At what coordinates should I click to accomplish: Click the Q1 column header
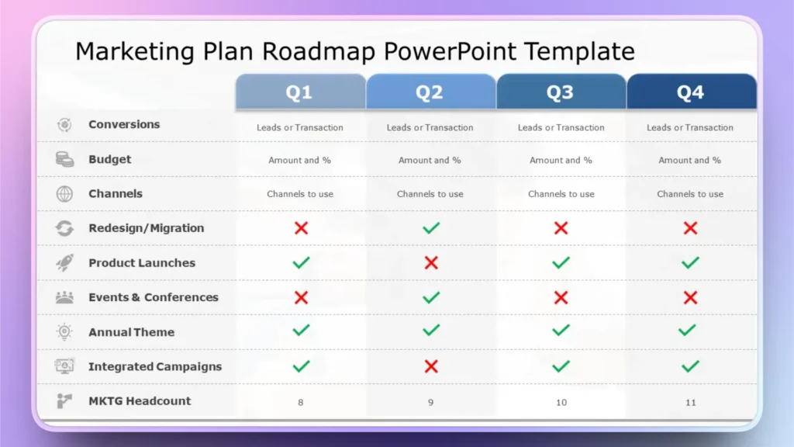pos(300,92)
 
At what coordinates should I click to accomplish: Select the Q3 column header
pos(561,92)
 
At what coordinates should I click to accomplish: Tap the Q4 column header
pos(691,92)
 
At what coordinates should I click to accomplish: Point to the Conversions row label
pos(124,124)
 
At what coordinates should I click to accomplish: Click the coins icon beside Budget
pos(64,159)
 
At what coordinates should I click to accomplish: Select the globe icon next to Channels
pos(64,194)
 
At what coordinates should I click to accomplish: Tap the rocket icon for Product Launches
pos(64,262)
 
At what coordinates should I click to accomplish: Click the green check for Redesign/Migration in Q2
pos(431,228)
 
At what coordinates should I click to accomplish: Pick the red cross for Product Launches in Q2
pos(431,262)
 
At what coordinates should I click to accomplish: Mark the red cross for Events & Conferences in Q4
pos(691,297)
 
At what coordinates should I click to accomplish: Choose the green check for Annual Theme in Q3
pos(561,331)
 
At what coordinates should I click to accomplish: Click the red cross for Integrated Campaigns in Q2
pos(431,366)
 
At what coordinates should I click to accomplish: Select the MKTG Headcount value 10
pos(561,402)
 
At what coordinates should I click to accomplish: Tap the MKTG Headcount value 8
pos(301,402)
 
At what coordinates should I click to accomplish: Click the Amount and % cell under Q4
pos(690,161)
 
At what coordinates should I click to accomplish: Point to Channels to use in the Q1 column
pos(300,194)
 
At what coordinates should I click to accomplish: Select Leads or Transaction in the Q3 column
pos(561,127)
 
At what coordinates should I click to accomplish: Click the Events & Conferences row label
pos(154,297)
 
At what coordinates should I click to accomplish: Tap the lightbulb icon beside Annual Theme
pos(64,332)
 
